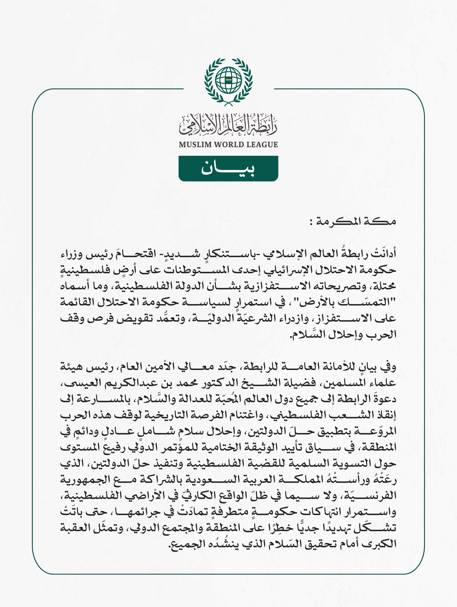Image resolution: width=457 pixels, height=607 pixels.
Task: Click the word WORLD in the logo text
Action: tap(228, 145)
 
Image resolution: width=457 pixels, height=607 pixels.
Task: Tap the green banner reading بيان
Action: tap(228, 168)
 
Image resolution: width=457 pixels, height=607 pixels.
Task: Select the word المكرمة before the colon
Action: tap(337, 221)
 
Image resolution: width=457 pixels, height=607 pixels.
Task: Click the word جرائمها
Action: tap(165, 512)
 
